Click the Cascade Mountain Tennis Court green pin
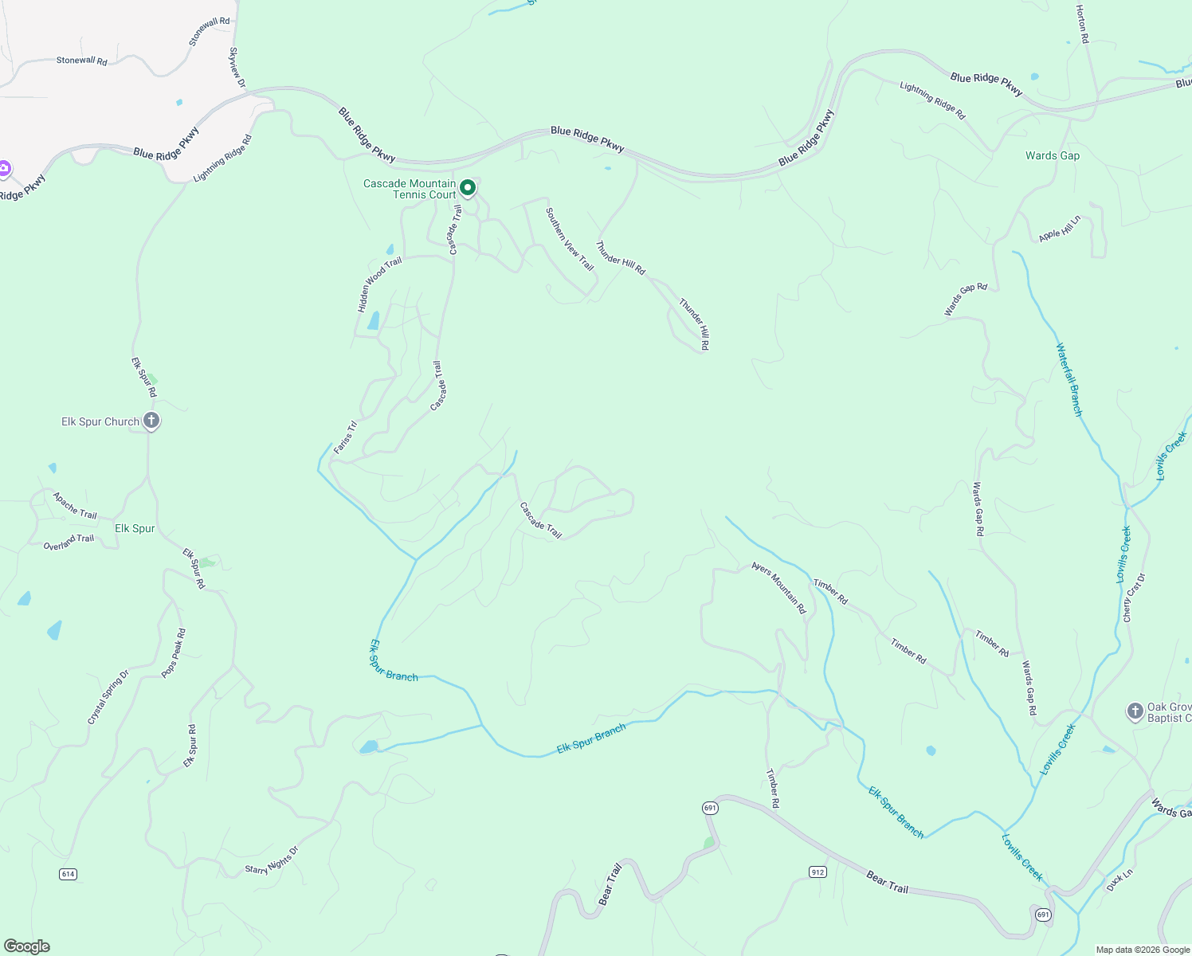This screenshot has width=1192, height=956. pyautogui.click(x=469, y=188)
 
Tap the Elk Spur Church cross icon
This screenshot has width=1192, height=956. pyautogui.click(x=151, y=421)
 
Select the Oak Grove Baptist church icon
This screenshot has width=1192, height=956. pyautogui.click(x=1135, y=711)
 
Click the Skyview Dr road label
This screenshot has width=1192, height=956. pyautogui.click(x=237, y=68)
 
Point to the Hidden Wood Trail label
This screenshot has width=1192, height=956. pyautogui.click(x=379, y=284)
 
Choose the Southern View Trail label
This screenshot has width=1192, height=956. pyautogui.click(x=570, y=239)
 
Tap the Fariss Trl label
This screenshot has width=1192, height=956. pyautogui.click(x=345, y=438)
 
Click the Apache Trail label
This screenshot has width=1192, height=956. pyautogui.click(x=75, y=506)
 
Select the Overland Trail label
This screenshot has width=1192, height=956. pyautogui.click(x=69, y=542)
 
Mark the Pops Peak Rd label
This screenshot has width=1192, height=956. pyautogui.click(x=174, y=653)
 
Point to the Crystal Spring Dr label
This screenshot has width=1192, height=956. pyautogui.click(x=108, y=697)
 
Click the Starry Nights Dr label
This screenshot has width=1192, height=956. pyautogui.click(x=272, y=860)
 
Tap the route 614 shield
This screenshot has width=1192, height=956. pyautogui.click(x=68, y=874)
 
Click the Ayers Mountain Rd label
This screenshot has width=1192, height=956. pyautogui.click(x=779, y=588)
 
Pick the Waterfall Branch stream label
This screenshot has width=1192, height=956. pyautogui.click(x=1069, y=379)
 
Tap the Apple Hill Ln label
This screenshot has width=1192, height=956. pyautogui.click(x=1060, y=229)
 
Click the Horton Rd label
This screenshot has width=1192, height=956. pyautogui.click(x=1081, y=23)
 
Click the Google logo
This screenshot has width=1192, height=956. pyautogui.click(x=27, y=946)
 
